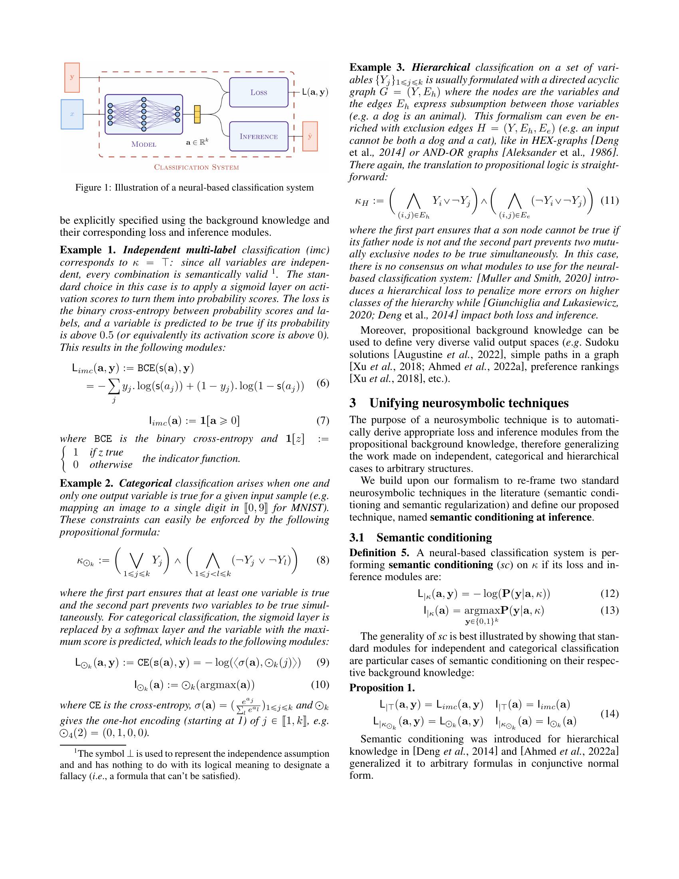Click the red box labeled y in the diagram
[x=72, y=77]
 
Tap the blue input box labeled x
[x=72, y=114]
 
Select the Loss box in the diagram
[x=259, y=92]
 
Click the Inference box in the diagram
[x=259, y=136]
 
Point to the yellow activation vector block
[x=197, y=114]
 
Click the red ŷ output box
[x=310, y=136]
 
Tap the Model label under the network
[x=144, y=145]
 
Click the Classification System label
[x=196, y=167]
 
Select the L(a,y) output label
[x=315, y=92]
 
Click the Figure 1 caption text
[x=194, y=187]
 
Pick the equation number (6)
[x=323, y=383]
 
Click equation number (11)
[x=610, y=201]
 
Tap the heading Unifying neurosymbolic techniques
[x=469, y=403]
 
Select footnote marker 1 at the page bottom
[x=75, y=752]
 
